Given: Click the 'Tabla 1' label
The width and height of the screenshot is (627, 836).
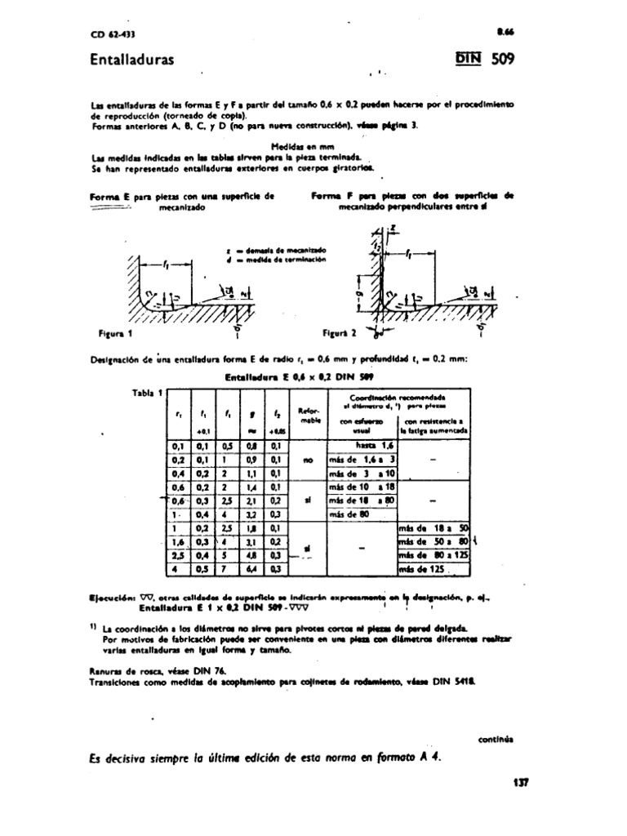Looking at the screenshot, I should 146,394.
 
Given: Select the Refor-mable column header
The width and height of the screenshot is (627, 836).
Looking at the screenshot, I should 308,417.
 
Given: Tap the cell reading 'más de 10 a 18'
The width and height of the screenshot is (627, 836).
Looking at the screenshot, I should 361,487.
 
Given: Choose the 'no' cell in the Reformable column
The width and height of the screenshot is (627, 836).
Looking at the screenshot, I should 308,460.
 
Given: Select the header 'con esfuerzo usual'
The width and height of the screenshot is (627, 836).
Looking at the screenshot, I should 361,425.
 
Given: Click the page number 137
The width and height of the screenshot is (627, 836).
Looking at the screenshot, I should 522,781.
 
